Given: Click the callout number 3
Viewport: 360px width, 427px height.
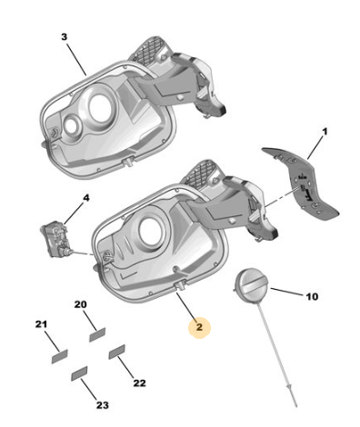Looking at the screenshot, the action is coord(64,37).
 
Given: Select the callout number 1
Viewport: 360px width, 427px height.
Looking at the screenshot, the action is coord(325,133).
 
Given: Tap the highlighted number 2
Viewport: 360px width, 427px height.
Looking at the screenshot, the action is coord(199,327).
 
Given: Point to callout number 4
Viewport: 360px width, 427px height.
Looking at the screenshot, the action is coord(86,198).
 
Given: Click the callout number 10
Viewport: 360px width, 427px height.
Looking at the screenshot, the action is coord(312,296).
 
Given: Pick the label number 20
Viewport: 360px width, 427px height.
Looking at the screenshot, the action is coord(80,304).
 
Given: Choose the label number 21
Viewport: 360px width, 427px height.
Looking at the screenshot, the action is coord(41,324).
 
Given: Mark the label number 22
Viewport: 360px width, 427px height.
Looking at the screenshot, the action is coord(140,383).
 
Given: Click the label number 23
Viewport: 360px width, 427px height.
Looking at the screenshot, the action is coord(103,405).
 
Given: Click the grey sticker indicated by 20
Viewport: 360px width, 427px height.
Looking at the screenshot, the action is coord(97,334).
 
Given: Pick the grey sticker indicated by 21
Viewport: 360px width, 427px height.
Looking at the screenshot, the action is coord(60,356).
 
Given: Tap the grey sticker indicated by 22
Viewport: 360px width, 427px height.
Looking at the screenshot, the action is coord(117,352).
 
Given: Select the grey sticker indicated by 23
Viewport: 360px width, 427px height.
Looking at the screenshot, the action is coord(79,373).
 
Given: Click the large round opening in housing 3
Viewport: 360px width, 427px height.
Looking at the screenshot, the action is coord(100,108).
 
